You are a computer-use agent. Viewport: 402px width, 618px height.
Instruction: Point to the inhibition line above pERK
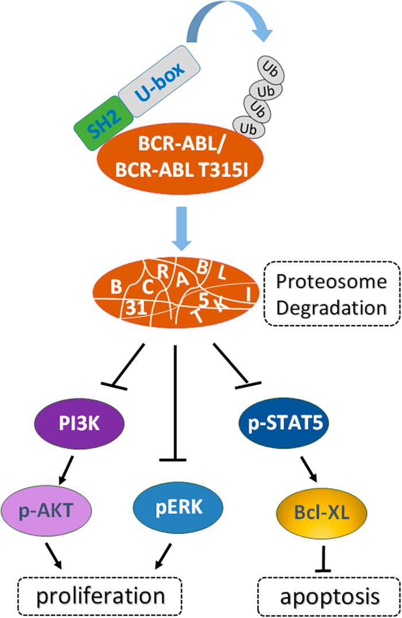click(174, 402)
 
